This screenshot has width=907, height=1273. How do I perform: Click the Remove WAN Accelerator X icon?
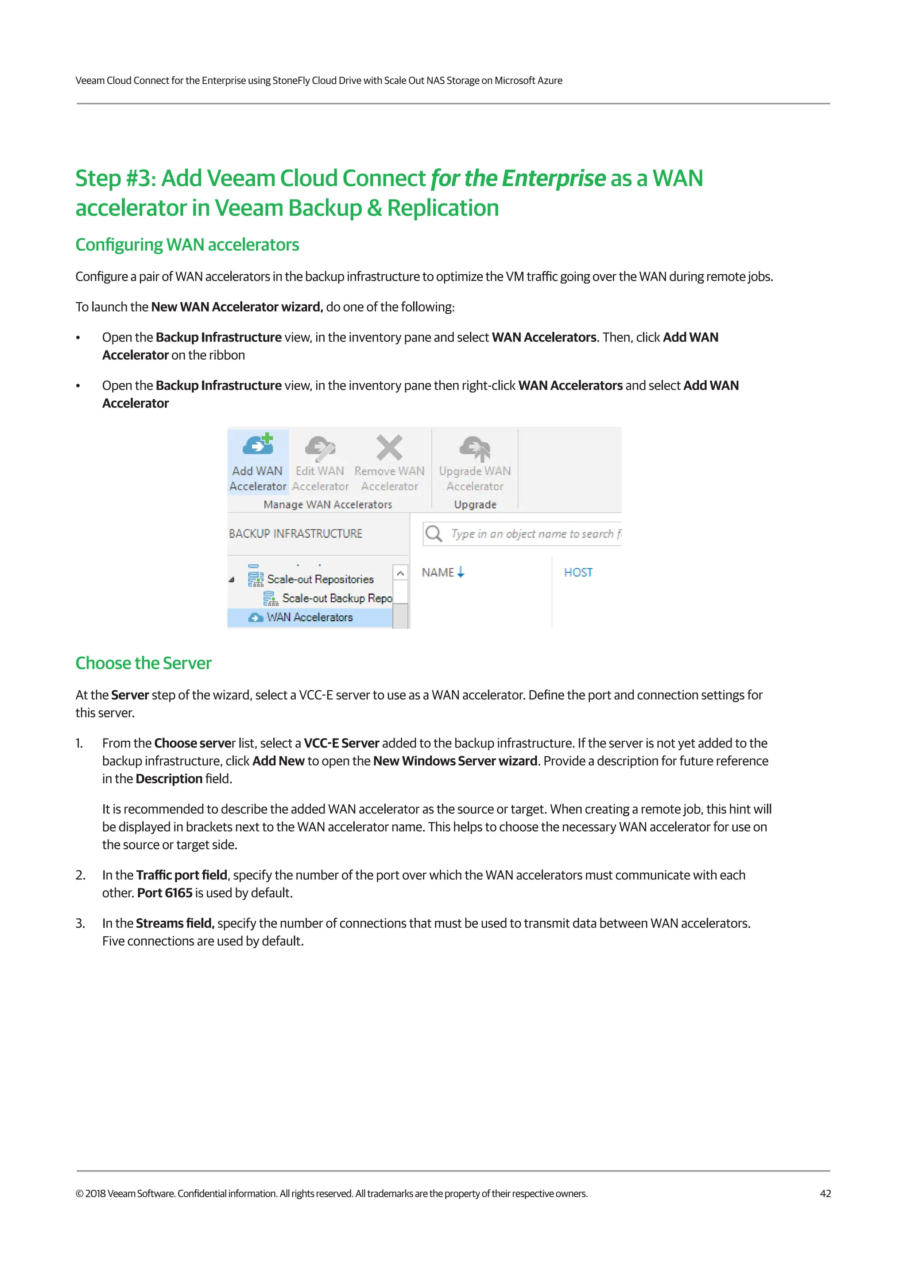tap(389, 447)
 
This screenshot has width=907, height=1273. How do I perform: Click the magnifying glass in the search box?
tap(434, 533)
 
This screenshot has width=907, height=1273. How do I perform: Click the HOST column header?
tap(578, 572)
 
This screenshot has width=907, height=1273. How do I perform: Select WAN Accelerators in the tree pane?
tap(310, 617)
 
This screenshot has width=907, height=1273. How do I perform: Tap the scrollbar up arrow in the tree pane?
tap(400, 573)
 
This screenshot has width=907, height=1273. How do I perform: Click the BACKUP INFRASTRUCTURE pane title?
tap(295, 533)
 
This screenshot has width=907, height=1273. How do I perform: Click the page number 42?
tap(825, 1193)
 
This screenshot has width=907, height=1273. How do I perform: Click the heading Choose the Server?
tap(143, 663)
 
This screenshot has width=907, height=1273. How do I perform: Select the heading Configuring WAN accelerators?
tap(187, 245)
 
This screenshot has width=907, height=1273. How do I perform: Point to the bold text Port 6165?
tap(165, 892)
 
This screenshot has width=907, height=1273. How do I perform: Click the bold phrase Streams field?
tap(175, 923)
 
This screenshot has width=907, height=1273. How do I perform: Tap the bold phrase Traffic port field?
tap(182, 875)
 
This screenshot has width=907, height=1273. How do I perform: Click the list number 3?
tap(80, 923)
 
